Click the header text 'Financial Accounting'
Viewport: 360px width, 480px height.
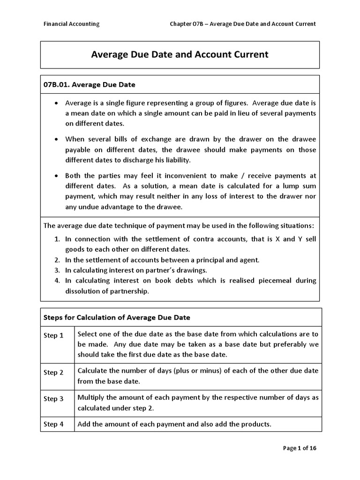pos(71,24)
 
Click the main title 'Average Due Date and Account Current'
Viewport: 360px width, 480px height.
pos(180,54)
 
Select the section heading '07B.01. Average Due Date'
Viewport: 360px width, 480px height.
pos(90,85)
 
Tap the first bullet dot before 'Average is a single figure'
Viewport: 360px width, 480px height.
pos(57,103)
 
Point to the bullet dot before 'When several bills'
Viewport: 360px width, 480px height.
pos(57,139)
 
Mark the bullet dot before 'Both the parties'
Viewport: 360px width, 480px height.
pos(57,176)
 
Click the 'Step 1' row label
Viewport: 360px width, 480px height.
pos(53,336)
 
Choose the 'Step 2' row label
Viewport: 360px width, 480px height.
pos(53,373)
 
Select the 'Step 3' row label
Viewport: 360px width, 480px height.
pos(53,399)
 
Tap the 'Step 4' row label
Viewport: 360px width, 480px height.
pos(53,424)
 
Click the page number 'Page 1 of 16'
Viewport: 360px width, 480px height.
pos(300,448)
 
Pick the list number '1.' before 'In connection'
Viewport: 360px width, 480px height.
pos(57,239)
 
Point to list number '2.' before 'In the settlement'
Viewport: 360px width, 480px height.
pos(57,260)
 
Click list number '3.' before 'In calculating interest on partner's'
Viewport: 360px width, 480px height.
pos(57,270)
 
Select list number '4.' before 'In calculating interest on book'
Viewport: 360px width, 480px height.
pos(57,280)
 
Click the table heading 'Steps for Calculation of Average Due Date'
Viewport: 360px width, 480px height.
pos(117,317)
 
